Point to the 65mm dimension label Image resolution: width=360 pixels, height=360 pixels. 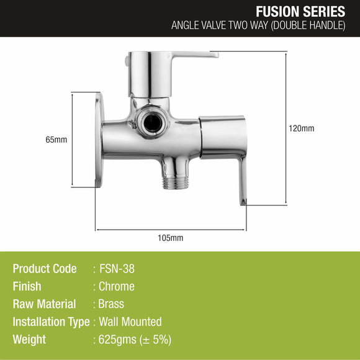(x=56, y=140)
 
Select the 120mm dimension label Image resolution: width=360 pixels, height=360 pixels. (x=302, y=128)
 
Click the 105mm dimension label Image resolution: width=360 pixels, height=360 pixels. (x=170, y=238)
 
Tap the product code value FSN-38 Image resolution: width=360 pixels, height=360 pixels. (x=117, y=269)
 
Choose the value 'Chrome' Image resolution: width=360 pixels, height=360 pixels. (x=117, y=287)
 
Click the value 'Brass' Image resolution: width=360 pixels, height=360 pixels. (x=112, y=304)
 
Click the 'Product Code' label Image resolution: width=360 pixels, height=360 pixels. (x=45, y=269)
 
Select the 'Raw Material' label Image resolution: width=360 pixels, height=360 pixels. (x=44, y=304)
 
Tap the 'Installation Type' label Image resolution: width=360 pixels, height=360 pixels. (x=51, y=322)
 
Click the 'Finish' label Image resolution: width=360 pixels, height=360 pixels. (x=27, y=287)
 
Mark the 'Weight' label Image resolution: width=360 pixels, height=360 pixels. (x=29, y=340)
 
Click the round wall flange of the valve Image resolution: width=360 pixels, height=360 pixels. (x=99, y=140)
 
